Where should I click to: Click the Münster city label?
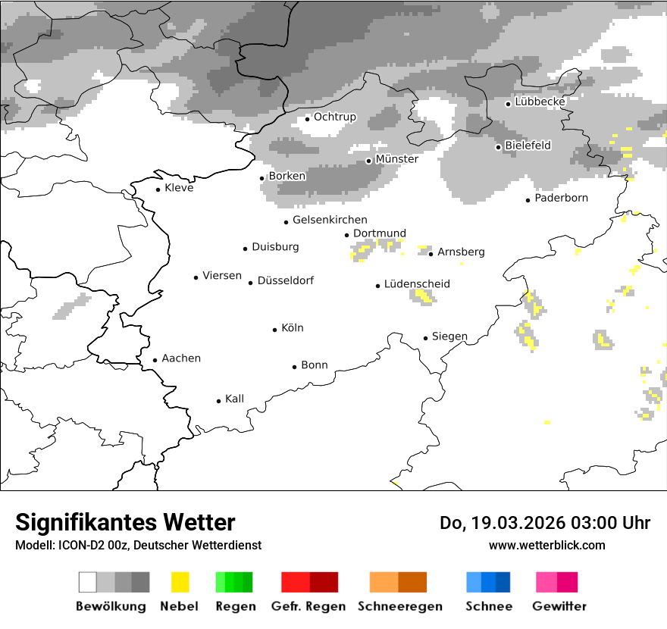pos(396,159)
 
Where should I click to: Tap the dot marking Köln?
pos(275,330)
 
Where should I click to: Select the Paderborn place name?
pos(561,199)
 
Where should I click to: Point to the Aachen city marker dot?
pos(155,361)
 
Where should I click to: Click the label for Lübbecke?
pos(540,102)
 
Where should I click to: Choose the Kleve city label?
pos(179,188)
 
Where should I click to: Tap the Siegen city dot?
pos(426,338)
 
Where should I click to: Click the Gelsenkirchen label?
pos(330,221)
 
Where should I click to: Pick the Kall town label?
pos(234,399)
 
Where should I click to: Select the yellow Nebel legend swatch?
pos(180,582)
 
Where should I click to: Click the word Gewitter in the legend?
pos(559,606)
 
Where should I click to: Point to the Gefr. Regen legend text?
pos(308,606)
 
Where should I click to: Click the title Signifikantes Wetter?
pos(125,523)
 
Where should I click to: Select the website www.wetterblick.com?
pos(546,545)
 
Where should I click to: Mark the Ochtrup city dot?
pos(308,118)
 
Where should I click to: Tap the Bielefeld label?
pos(528,146)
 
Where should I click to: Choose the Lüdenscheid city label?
pos(417,284)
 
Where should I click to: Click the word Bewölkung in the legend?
pos(111,606)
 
